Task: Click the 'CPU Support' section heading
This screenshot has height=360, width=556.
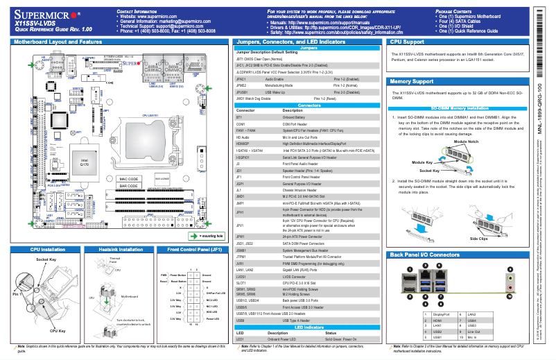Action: point(408,42)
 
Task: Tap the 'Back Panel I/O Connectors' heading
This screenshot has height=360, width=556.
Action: point(425,255)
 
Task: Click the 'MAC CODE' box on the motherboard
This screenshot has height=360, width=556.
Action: point(129,178)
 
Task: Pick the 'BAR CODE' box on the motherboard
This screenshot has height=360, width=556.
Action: point(129,186)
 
